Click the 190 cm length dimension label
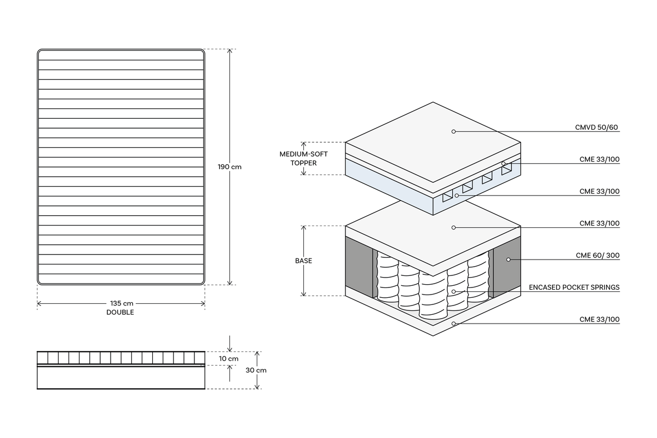pyautogui.click(x=229, y=167)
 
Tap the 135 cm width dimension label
pyautogui.click(x=122, y=303)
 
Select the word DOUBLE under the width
pyautogui.click(x=120, y=313)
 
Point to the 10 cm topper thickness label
pyautogui.click(x=228, y=359)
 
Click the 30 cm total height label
pyautogui.click(x=256, y=370)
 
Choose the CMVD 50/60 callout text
pyautogui.click(x=596, y=128)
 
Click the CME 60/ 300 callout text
pyautogui.click(x=597, y=255)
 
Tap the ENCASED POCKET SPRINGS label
pyautogui.click(x=574, y=287)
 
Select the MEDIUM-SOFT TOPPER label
pyautogui.click(x=303, y=158)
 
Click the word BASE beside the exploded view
pyautogui.click(x=303, y=261)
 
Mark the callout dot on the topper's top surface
pyautogui.click(x=453, y=131)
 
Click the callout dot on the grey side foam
pyautogui.click(x=508, y=260)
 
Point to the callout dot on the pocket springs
pyautogui.click(x=453, y=291)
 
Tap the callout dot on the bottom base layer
pyautogui.click(x=453, y=323)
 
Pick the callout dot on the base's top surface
pyautogui.click(x=453, y=227)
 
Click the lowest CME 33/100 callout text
pyautogui.click(x=599, y=319)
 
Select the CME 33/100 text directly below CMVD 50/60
pyautogui.click(x=599, y=159)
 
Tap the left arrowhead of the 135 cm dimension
pyautogui.click(x=39, y=303)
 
